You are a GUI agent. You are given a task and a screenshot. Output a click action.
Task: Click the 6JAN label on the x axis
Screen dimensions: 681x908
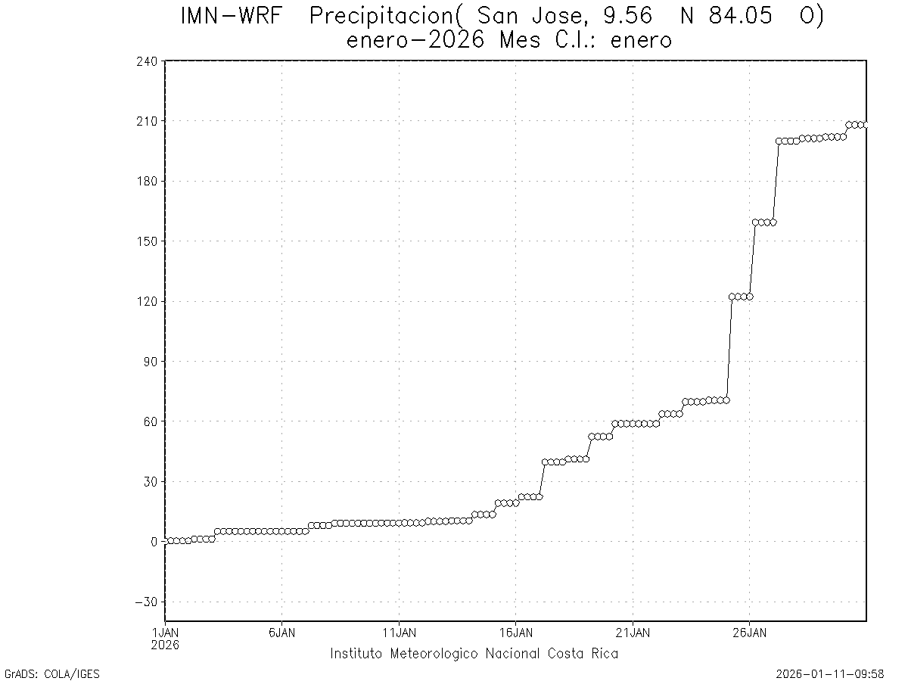tap(281, 633)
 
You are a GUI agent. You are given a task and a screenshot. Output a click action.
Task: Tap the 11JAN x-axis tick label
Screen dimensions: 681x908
tap(399, 633)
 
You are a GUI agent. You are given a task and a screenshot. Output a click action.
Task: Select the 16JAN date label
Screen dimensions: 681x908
tap(515, 633)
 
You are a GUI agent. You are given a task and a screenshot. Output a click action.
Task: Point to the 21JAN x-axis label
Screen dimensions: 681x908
tap(633, 633)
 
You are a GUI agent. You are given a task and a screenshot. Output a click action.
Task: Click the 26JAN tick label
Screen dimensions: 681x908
tap(749, 633)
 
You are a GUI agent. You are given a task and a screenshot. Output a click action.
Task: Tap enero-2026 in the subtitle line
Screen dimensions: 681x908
tap(415, 40)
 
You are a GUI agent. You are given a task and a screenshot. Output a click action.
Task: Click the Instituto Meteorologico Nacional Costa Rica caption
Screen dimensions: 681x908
tap(474, 654)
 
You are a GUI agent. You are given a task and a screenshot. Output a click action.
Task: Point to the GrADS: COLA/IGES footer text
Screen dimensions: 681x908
tap(52, 673)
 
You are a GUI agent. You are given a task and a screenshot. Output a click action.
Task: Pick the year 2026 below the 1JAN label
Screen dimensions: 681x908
tap(165, 645)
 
